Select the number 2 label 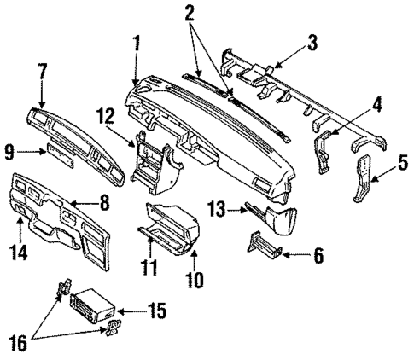[190, 11]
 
